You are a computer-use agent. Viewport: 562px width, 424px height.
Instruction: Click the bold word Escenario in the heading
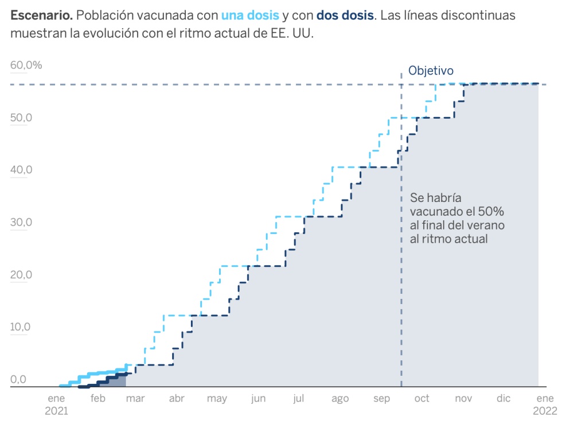[x=40, y=15]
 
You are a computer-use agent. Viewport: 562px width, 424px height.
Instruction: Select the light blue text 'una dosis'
[x=250, y=15]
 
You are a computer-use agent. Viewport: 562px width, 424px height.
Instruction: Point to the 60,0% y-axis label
[x=26, y=65]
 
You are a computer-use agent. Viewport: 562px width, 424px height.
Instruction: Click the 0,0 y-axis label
[x=18, y=380]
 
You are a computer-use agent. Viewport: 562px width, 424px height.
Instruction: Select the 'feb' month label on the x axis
[x=97, y=399]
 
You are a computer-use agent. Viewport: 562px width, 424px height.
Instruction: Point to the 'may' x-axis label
[x=217, y=399]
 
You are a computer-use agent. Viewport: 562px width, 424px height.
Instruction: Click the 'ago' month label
[x=339, y=399]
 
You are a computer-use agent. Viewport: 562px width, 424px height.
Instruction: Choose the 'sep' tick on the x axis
[x=381, y=399]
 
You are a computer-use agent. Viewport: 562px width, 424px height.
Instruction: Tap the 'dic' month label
[x=503, y=399]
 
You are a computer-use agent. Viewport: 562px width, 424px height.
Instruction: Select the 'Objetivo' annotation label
[x=431, y=71]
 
